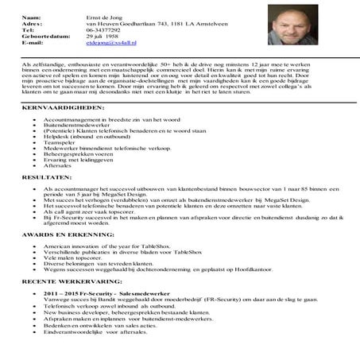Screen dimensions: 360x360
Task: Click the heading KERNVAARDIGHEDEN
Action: [64, 106]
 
